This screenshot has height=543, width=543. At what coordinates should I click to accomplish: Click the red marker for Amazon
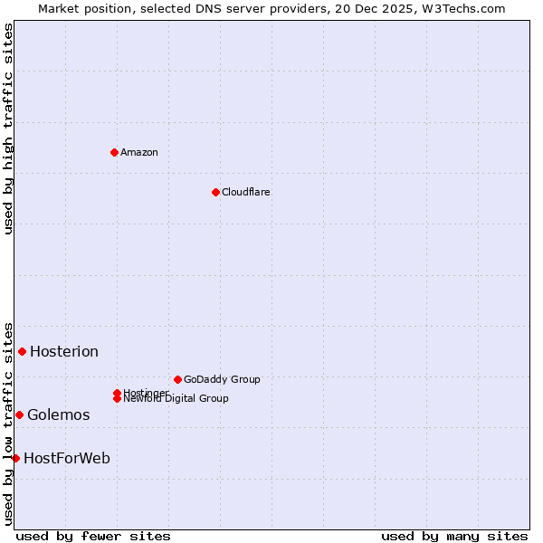click(x=114, y=152)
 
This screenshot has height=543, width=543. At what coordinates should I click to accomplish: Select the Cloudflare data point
click(x=215, y=192)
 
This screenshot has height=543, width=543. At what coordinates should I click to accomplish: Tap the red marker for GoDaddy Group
click(x=177, y=379)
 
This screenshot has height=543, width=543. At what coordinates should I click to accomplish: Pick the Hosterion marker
click(x=23, y=351)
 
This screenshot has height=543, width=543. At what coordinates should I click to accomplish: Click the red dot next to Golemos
click(x=19, y=414)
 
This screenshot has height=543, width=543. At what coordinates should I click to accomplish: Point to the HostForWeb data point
click(x=15, y=458)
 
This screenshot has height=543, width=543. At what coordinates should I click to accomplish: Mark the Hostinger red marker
click(x=117, y=393)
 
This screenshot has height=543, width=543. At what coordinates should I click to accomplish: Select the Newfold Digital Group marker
click(x=117, y=398)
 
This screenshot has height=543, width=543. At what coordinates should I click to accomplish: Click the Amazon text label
click(x=139, y=152)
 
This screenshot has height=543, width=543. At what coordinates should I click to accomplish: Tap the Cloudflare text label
click(x=245, y=192)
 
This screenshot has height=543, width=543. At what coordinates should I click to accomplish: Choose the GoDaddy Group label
click(x=222, y=379)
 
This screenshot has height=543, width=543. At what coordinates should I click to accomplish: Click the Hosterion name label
click(x=64, y=351)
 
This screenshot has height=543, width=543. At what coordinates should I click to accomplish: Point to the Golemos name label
click(x=59, y=414)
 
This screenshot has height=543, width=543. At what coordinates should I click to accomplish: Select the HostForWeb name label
click(x=67, y=458)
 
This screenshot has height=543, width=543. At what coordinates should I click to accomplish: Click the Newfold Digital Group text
click(x=176, y=399)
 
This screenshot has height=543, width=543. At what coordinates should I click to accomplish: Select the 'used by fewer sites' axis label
click(x=93, y=536)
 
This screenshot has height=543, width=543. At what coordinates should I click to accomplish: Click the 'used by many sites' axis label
click(x=454, y=536)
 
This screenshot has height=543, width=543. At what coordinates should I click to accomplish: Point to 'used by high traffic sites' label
click(x=8, y=129)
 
